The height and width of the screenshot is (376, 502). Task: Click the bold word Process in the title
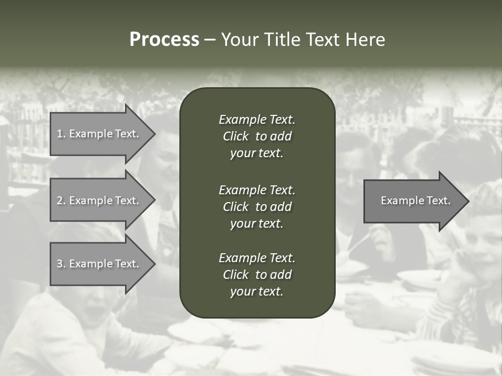[164, 40]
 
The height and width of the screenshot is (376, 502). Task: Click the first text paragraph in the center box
[257, 136]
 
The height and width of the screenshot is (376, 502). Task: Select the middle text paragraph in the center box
[257, 207]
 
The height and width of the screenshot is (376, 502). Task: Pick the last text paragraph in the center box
[257, 275]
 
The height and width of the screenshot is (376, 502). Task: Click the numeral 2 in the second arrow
[60, 201]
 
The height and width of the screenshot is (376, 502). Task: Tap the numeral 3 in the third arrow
[60, 264]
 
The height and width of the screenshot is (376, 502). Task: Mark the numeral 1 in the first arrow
[60, 134]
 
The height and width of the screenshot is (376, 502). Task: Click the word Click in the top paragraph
[236, 136]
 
